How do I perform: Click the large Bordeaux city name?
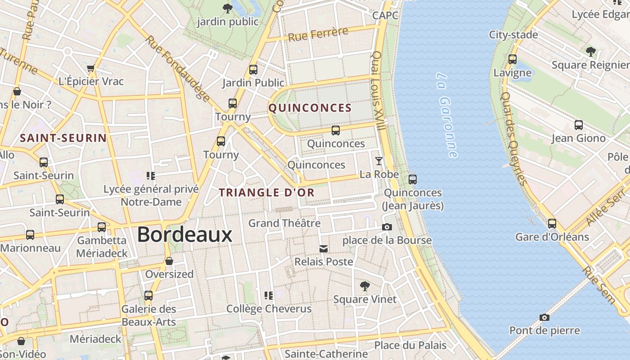pos(184,234)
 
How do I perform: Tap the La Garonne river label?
pos(447,115)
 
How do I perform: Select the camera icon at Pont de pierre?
pos(544,318)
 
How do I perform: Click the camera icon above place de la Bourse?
pos(387,227)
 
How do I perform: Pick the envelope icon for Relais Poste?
pos(323,249)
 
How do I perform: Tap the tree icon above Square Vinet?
pos(365,286)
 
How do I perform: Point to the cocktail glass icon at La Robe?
pos(379,161)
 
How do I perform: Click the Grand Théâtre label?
pos(284,223)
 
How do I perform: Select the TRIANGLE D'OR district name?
pos(266,193)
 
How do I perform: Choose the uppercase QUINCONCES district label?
pos(310,108)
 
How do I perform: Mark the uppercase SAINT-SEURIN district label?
pos(63,138)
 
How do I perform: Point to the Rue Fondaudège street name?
pos(178,68)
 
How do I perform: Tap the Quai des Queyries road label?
pos(513,139)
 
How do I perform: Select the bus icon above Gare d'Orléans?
pos(552,223)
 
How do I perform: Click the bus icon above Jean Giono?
pos(579,125)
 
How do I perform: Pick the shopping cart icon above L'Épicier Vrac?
pos(91,68)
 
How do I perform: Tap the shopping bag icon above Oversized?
pos(169,261)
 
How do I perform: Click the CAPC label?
pos(385,16)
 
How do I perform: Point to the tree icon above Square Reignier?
pos(591,51)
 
